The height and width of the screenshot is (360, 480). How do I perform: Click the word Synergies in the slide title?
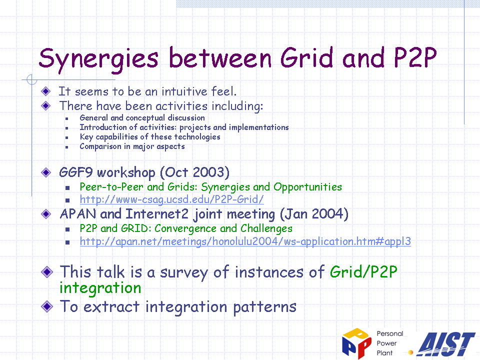[x=98, y=59]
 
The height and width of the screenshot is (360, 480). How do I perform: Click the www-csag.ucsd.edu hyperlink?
[x=171, y=199]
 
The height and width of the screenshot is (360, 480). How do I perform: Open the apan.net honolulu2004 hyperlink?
[x=245, y=241]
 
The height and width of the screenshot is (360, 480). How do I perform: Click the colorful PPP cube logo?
[x=356, y=343]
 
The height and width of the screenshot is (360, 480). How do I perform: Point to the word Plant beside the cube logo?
[x=384, y=353]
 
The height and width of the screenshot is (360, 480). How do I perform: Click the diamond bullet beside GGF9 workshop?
[x=46, y=172]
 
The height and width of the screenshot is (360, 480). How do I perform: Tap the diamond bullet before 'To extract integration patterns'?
[x=47, y=306]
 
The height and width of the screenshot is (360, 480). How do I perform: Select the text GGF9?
[x=75, y=172]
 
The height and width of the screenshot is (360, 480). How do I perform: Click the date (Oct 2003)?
[x=194, y=172]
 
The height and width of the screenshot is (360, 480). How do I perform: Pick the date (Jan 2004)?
[x=314, y=214]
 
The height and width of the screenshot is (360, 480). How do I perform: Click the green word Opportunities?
[x=307, y=187]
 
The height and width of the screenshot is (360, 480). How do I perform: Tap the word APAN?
[x=78, y=214]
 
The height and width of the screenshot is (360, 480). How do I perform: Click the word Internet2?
[x=156, y=214]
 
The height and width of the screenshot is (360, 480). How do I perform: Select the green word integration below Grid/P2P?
[x=100, y=288]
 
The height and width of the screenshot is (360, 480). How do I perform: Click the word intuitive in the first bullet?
[x=184, y=91]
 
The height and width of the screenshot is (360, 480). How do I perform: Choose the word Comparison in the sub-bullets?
[x=100, y=146]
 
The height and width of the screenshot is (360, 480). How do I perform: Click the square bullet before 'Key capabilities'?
[x=66, y=138]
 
